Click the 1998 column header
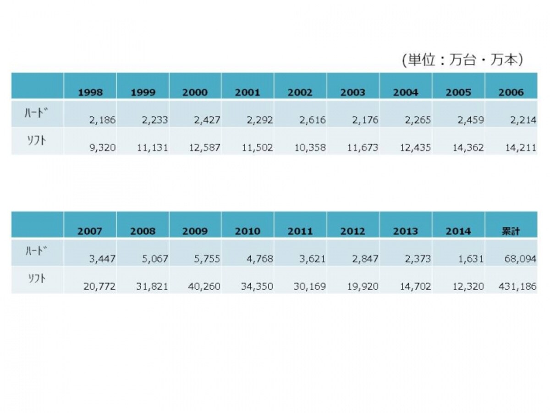click(x=90, y=92)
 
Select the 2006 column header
click(x=511, y=92)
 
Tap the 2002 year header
click(x=300, y=92)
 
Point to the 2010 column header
click(x=247, y=231)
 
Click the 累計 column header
click(x=511, y=231)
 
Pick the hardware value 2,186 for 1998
click(x=103, y=120)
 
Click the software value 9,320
click(x=103, y=147)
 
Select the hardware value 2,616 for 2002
click(x=313, y=120)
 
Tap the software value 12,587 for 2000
click(x=205, y=147)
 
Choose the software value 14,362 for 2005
click(x=468, y=147)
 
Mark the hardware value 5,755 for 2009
click(x=207, y=259)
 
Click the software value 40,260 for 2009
click(x=204, y=286)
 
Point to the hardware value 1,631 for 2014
click(x=471, y=259)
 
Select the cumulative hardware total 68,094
click(x=520, y=259)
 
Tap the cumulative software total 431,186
click(x=517, y=286)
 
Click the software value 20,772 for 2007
click(x=99, y=286)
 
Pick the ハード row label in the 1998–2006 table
click(x=36, y=113)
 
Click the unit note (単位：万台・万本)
click(x=462, y=60)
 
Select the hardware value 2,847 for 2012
click(x=365, y=259)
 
